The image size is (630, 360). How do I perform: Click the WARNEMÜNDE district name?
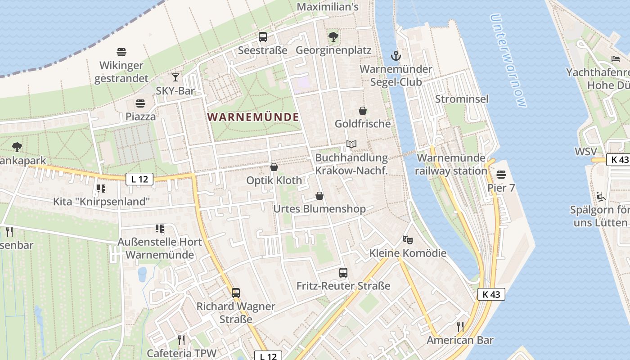[x=253, y=117]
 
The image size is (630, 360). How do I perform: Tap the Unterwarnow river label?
[x=508, y=61]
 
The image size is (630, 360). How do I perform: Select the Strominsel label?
[x=461, y=99]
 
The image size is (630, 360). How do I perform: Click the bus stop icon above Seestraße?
[x=263, y=37]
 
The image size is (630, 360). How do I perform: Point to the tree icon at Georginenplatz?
[x=333, y=36]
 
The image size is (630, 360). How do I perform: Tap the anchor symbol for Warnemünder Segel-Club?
[x=396, y=56]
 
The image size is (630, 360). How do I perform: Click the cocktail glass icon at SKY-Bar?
[x=175, y=77]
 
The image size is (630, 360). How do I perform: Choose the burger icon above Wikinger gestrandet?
[x=121, y=52]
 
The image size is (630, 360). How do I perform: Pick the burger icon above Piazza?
[x=140, y=103]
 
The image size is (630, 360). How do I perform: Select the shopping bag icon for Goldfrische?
[x=363, y=111]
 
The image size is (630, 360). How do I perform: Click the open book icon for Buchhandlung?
[x=351, y=144]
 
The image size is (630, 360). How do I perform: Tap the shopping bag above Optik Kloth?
[x=274, y=167]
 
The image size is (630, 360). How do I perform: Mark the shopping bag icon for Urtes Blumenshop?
[x=319, y=196]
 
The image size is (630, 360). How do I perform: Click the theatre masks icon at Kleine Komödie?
[x=408, y=239]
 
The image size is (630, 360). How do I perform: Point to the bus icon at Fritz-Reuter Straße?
[x=343, y=272]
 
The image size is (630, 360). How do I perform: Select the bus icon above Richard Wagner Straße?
[x=236, y=293]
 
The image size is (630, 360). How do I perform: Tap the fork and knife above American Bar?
[x=460, y=326]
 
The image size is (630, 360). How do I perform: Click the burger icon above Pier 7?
[x=501, y=174]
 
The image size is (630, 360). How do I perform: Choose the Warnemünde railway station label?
[x=451, y=164]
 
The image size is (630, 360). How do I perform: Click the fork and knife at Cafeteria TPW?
[x=181, y=340]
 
